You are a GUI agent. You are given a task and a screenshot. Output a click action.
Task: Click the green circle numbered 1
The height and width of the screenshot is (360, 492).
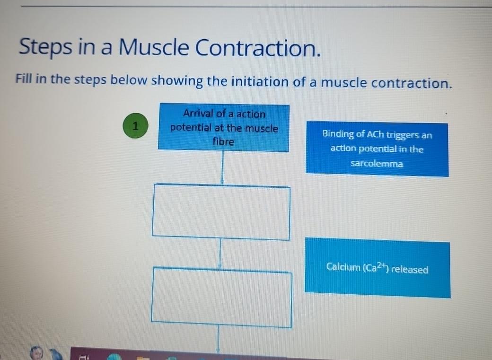click(x=136, y=127)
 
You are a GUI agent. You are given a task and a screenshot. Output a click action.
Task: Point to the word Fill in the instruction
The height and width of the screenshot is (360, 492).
click(x=24, y=79)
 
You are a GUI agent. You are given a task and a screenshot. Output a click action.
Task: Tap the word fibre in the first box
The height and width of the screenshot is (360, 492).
click(x=223, y=141)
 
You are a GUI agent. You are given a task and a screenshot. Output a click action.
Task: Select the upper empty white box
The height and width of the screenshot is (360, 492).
click(x=221, y=212)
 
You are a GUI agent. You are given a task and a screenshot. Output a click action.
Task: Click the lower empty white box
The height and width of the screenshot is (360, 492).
click(x=221, y=298)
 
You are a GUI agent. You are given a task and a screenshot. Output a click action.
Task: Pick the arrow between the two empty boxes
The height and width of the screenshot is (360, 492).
click(x=220, y=254)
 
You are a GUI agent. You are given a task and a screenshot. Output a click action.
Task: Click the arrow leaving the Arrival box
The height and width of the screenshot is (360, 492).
click(x=222, y=168)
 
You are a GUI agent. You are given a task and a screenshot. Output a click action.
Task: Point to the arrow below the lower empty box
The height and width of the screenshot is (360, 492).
click(x=219, y=340)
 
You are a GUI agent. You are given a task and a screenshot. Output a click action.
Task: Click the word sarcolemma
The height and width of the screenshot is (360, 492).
click(x=377, y=164)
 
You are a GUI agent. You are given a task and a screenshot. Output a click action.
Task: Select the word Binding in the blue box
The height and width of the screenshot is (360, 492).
click(x=338, y=134)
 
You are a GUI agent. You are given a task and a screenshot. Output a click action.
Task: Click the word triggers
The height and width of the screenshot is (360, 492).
click(x=403, y=135)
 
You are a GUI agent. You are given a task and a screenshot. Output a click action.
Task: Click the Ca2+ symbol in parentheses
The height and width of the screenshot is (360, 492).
click(x=376, y=268)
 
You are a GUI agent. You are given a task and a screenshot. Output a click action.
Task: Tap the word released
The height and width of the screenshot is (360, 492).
click(x=410, y=270)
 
